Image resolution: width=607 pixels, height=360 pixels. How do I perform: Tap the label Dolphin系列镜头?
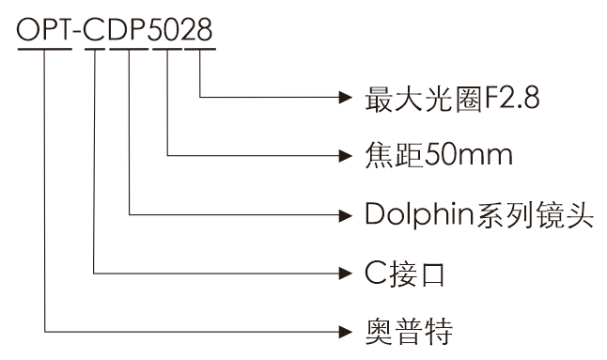[476, 214]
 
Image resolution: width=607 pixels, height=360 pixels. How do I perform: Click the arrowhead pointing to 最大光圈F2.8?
[347, 97]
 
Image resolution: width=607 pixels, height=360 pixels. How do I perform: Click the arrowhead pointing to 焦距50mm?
[347, 154]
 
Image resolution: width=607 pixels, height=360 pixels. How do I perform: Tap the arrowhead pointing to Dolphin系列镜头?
[347, 214]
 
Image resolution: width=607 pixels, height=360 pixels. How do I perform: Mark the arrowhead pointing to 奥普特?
[347, 331]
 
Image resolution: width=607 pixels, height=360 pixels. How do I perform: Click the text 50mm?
[469, 154]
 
